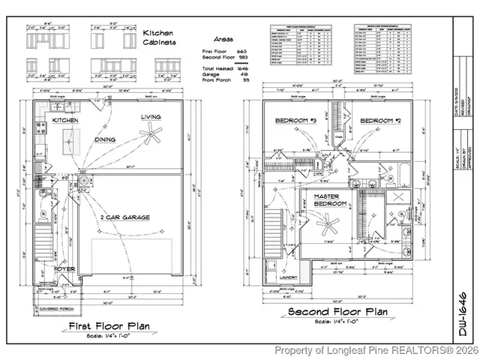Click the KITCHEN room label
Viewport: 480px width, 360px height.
(x=64, y=120)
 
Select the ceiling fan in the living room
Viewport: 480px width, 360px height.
(x=153, y=135)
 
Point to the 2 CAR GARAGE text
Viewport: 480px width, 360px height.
(x=125, y=217)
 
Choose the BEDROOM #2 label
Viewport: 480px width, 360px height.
(x=379, y=121)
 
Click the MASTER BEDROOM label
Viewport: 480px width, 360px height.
(x=329, y=200)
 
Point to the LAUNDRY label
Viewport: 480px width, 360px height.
(x=287, y=277)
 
